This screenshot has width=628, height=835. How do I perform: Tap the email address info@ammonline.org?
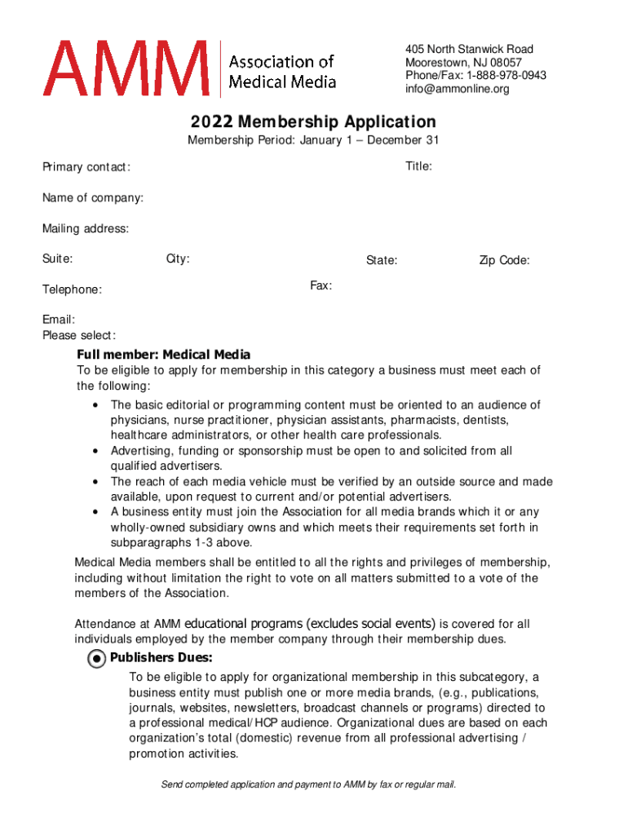pyautogui.click(x=457, y=89)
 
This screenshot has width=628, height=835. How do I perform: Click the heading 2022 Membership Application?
pyautogui.click(x=313, y=122)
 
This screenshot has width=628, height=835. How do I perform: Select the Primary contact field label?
pyautogui.click(x=86, y=168)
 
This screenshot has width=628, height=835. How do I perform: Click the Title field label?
pyautogui.click(x=418, y=166)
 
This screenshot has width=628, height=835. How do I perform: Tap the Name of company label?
pyautogui.click(x=93, y=198)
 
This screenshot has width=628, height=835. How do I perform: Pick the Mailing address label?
pyautogui.click(x=86, y=229)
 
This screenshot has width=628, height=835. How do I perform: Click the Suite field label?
pyautogui.click(x=58, y=259)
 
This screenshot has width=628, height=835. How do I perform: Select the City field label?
pyautogui.click(x=178, y=259)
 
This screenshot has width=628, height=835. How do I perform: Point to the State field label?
pyautogui.click(x=382, y=261)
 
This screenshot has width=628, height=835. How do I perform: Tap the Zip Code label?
pyautogui.click(x=504, y=261)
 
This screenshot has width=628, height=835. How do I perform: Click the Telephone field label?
pyautogui.click(x=73, y=289)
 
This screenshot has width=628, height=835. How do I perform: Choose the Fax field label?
pyautogui.click(x=321, y=285)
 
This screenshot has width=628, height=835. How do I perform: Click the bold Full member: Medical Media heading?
pyautogui.click(x=163, y=355)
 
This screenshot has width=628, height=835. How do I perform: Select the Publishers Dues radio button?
pyautogui.click(x=97, y=659)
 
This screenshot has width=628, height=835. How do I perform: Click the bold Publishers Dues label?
pyautogui.click(x=161, y=658)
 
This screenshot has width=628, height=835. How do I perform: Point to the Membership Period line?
pyautogui.click(x=313, y=140)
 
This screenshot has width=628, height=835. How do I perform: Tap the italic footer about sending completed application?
pyautogui.click(x=308, y=784)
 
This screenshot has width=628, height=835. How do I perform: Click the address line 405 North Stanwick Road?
pyautogui.click(x=469, y=50)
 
